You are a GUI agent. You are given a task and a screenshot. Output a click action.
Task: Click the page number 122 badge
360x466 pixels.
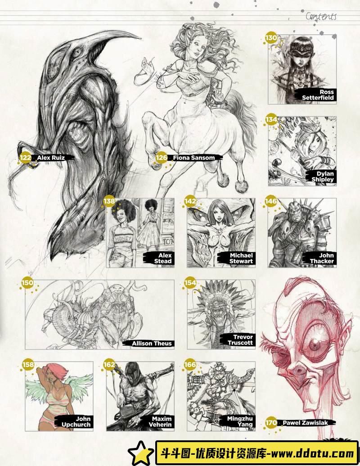(25, 158)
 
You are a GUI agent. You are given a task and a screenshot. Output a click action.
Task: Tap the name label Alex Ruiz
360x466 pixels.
(51, 158)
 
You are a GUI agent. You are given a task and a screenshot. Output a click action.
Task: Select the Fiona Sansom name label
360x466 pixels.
(193, 158)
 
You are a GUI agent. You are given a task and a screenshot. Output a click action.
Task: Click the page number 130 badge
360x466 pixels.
(271, 38)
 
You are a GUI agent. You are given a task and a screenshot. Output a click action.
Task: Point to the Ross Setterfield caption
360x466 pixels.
(318, 95)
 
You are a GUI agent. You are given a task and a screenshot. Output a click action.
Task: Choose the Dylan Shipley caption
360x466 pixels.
(323, 176)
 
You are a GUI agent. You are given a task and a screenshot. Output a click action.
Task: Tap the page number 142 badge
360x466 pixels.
(190, 201)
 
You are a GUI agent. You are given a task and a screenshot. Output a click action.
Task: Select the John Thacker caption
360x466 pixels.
(322, 258)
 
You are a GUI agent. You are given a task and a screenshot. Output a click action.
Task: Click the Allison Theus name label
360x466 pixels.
(152, 344)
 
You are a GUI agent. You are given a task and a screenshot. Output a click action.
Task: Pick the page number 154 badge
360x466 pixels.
(190, 283)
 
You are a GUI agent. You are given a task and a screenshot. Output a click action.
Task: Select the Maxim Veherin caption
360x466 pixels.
(160, 422)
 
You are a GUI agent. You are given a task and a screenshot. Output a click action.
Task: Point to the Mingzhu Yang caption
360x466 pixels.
(240, 422)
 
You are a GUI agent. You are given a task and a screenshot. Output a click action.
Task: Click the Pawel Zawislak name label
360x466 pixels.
(305, 423)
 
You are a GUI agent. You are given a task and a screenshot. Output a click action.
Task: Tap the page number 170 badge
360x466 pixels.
(271, 423)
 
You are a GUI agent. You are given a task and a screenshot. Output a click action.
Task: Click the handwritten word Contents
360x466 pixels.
(321, 16)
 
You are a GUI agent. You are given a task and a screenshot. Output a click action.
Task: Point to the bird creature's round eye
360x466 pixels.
(76, 53)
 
